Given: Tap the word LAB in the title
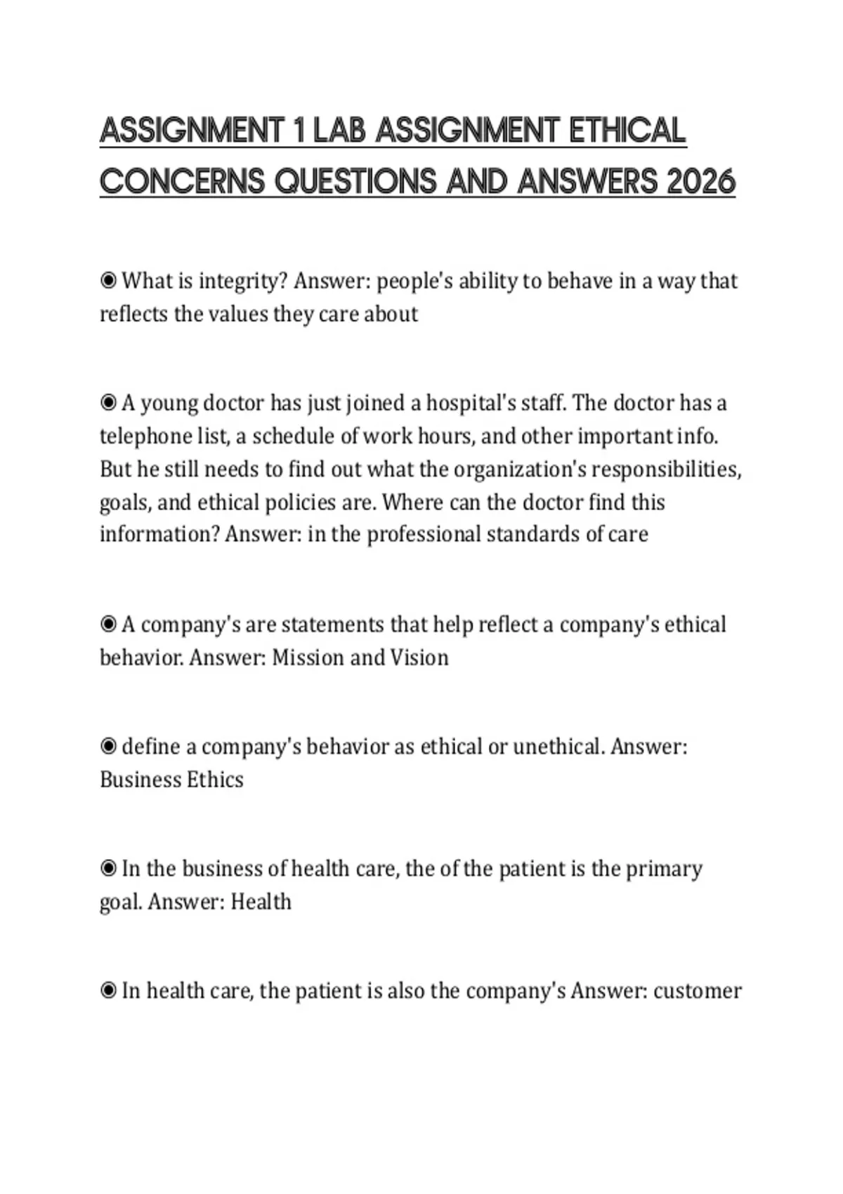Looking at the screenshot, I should coord(340,131).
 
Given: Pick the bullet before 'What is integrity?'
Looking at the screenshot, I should coord(108,281).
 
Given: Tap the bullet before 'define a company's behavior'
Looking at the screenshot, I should coord(108,747).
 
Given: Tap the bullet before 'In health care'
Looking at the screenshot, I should coord(108,991).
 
